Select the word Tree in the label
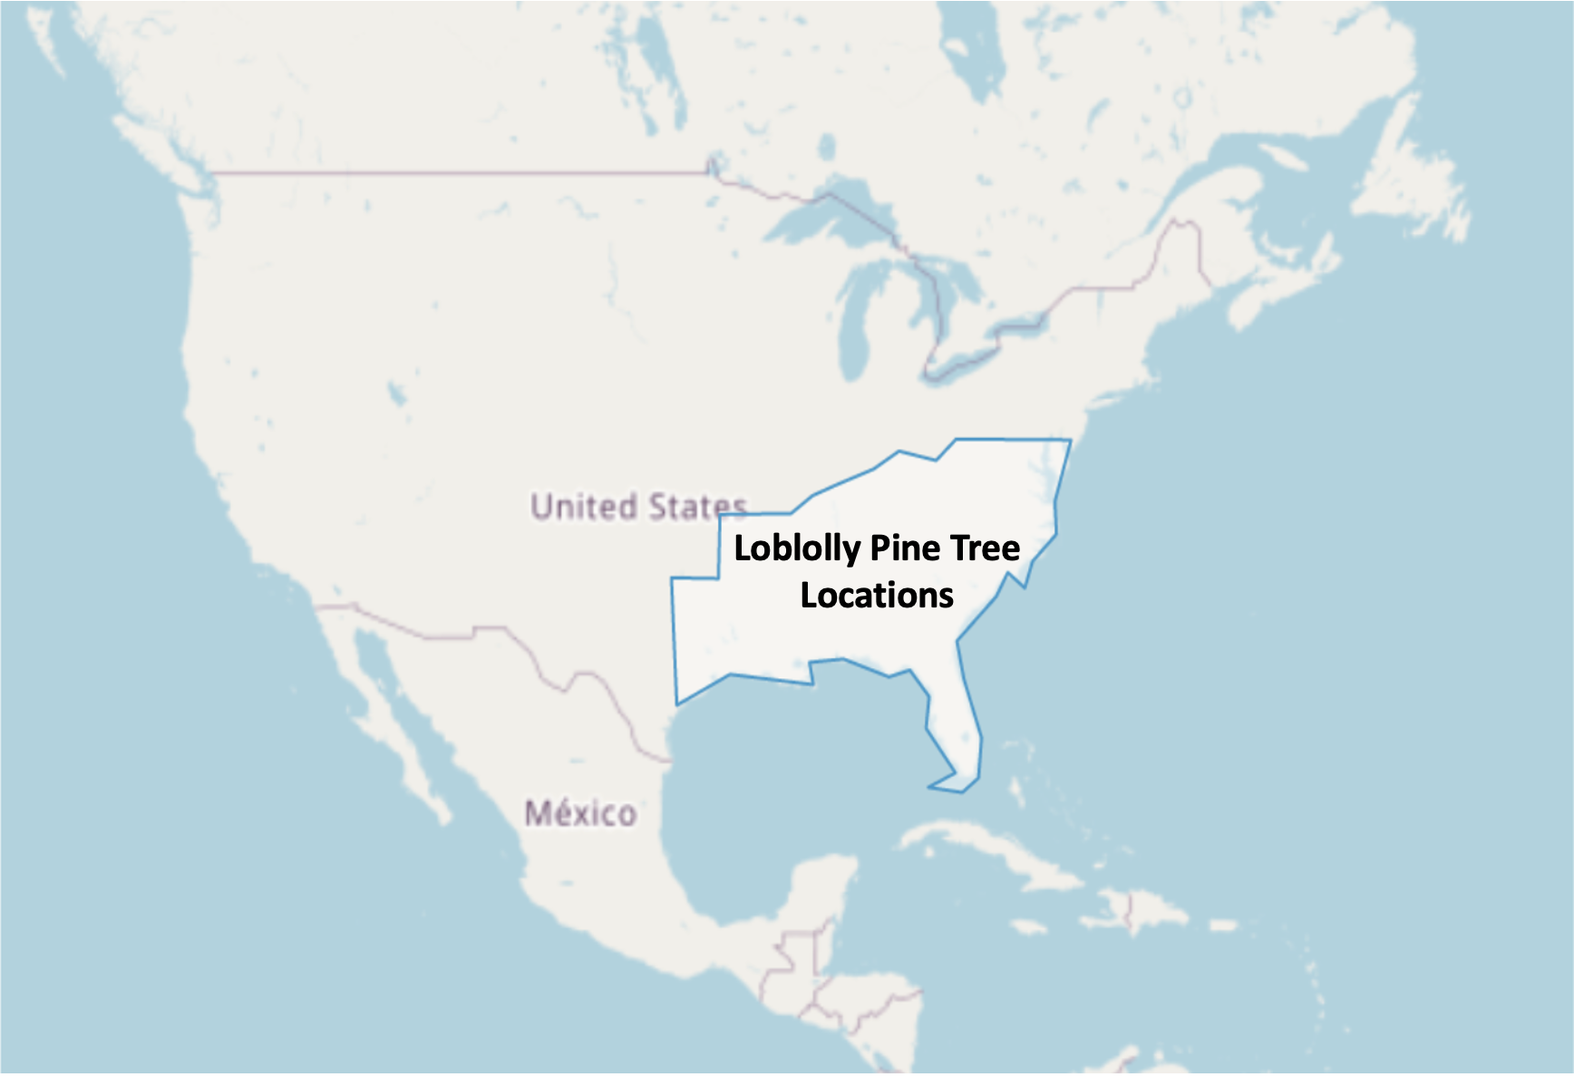pyautogui.click(x=985, y=548)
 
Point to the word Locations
pyautogui.click(x=877, y=596)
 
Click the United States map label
pyautogui.click(x=638, y=507)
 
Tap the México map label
pyautogui.click(x=580, y=813)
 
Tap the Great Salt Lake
pyautogui.click(x=396, y=393)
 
